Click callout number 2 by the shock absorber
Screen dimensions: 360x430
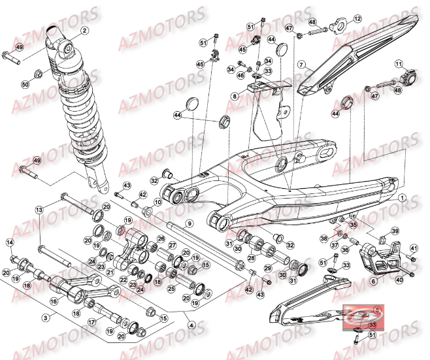pyautogui.click(x=84, y=30)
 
